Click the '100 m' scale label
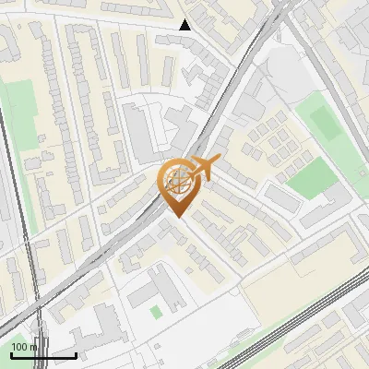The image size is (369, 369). [25, 346]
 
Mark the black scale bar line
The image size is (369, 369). [43, 355]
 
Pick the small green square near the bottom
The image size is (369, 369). [155, 313]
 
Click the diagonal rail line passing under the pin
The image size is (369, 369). [138, 231]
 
